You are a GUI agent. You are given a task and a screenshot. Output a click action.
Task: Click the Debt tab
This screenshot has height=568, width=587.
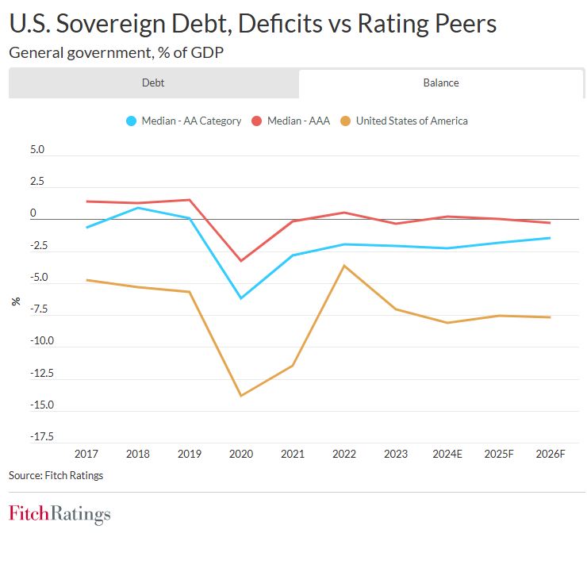pyautogui.click(x=153, y=83)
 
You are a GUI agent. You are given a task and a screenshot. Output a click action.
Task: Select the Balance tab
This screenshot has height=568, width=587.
pyautogui.click(x=441, y=83)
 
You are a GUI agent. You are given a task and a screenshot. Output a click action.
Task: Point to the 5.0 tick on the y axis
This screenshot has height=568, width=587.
pyautogui.click(x=38, y=150)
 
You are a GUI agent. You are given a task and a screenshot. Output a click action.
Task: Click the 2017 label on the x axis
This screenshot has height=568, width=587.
pyautogui.click(x=86, y=454)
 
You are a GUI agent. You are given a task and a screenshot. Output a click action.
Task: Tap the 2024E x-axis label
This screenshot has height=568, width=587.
pyautogui.click(x=447, y=454)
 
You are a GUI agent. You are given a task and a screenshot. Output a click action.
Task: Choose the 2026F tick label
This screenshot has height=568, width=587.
pyautogui.click(x=550, y=454)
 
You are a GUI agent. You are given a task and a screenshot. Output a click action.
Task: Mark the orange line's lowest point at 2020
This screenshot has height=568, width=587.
pyautogui.click(x=241, y=396)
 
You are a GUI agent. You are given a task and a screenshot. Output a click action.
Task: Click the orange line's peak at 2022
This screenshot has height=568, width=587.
pyautogui.click(x=344, y=265)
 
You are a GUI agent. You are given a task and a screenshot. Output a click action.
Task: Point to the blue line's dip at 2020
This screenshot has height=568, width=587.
pyautogui.click(x=241, y=298)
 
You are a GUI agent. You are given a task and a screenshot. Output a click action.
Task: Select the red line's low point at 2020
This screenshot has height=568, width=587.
pyautogui.click(x=241, y=261)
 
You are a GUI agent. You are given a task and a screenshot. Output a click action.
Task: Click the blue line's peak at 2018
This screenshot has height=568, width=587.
pyautogui.click(x=138, y=208)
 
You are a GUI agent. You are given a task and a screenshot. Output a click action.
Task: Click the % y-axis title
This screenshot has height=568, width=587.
pyautogui.click(x=16, y=301)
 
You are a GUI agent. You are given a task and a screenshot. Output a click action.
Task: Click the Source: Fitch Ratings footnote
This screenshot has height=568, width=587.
pyautogui.click(x=56, y=476)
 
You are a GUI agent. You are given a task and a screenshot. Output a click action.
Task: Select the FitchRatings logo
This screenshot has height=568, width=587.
pyautogui.click(x=59, y=514)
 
